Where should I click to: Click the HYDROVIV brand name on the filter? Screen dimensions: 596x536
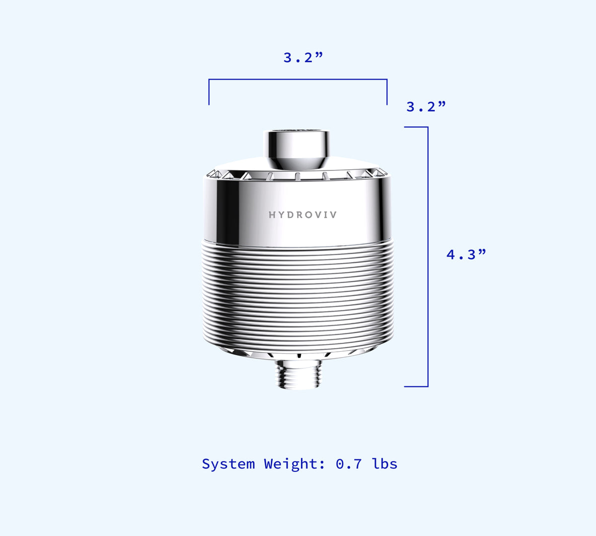tap(302, 215)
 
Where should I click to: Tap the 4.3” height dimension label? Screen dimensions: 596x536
tap(466, 254)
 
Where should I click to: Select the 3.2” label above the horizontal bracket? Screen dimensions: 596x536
tap(303, 57)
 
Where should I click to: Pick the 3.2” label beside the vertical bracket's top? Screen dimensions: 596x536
tap(426, 106)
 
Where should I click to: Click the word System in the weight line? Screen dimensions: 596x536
tap(228, 464)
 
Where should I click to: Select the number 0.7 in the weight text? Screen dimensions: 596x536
tap(349, 464)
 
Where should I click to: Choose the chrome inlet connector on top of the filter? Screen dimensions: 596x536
tap(297, 150)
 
